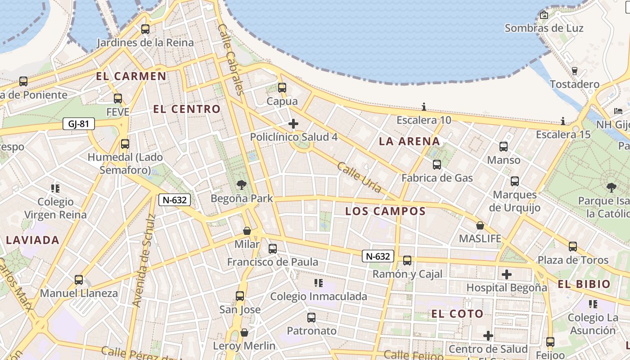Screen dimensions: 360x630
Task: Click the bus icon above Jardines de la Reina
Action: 145,29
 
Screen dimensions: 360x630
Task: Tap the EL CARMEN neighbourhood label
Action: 131,76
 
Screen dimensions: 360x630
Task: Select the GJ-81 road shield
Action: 79,124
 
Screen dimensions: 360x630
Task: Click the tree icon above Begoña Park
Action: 242,184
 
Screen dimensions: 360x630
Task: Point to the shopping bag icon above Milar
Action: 247,231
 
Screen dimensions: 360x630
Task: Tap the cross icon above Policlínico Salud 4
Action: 293,124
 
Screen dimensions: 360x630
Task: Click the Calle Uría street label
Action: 359,177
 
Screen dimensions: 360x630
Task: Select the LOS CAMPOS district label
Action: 385,211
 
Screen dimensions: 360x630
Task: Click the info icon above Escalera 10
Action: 423,107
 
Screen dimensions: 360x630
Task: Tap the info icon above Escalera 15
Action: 563,121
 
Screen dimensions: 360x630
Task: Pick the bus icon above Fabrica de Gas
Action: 437,165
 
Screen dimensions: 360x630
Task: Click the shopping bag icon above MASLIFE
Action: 480,225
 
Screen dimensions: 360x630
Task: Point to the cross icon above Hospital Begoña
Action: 507,274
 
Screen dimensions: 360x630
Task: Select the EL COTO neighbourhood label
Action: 457,314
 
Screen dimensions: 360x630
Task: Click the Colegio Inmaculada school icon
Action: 319,283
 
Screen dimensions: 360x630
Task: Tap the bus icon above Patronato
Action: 311,318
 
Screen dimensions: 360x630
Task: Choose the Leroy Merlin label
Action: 244,346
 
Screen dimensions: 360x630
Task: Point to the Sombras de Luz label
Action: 544,28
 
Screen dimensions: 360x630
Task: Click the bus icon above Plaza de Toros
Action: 573,247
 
